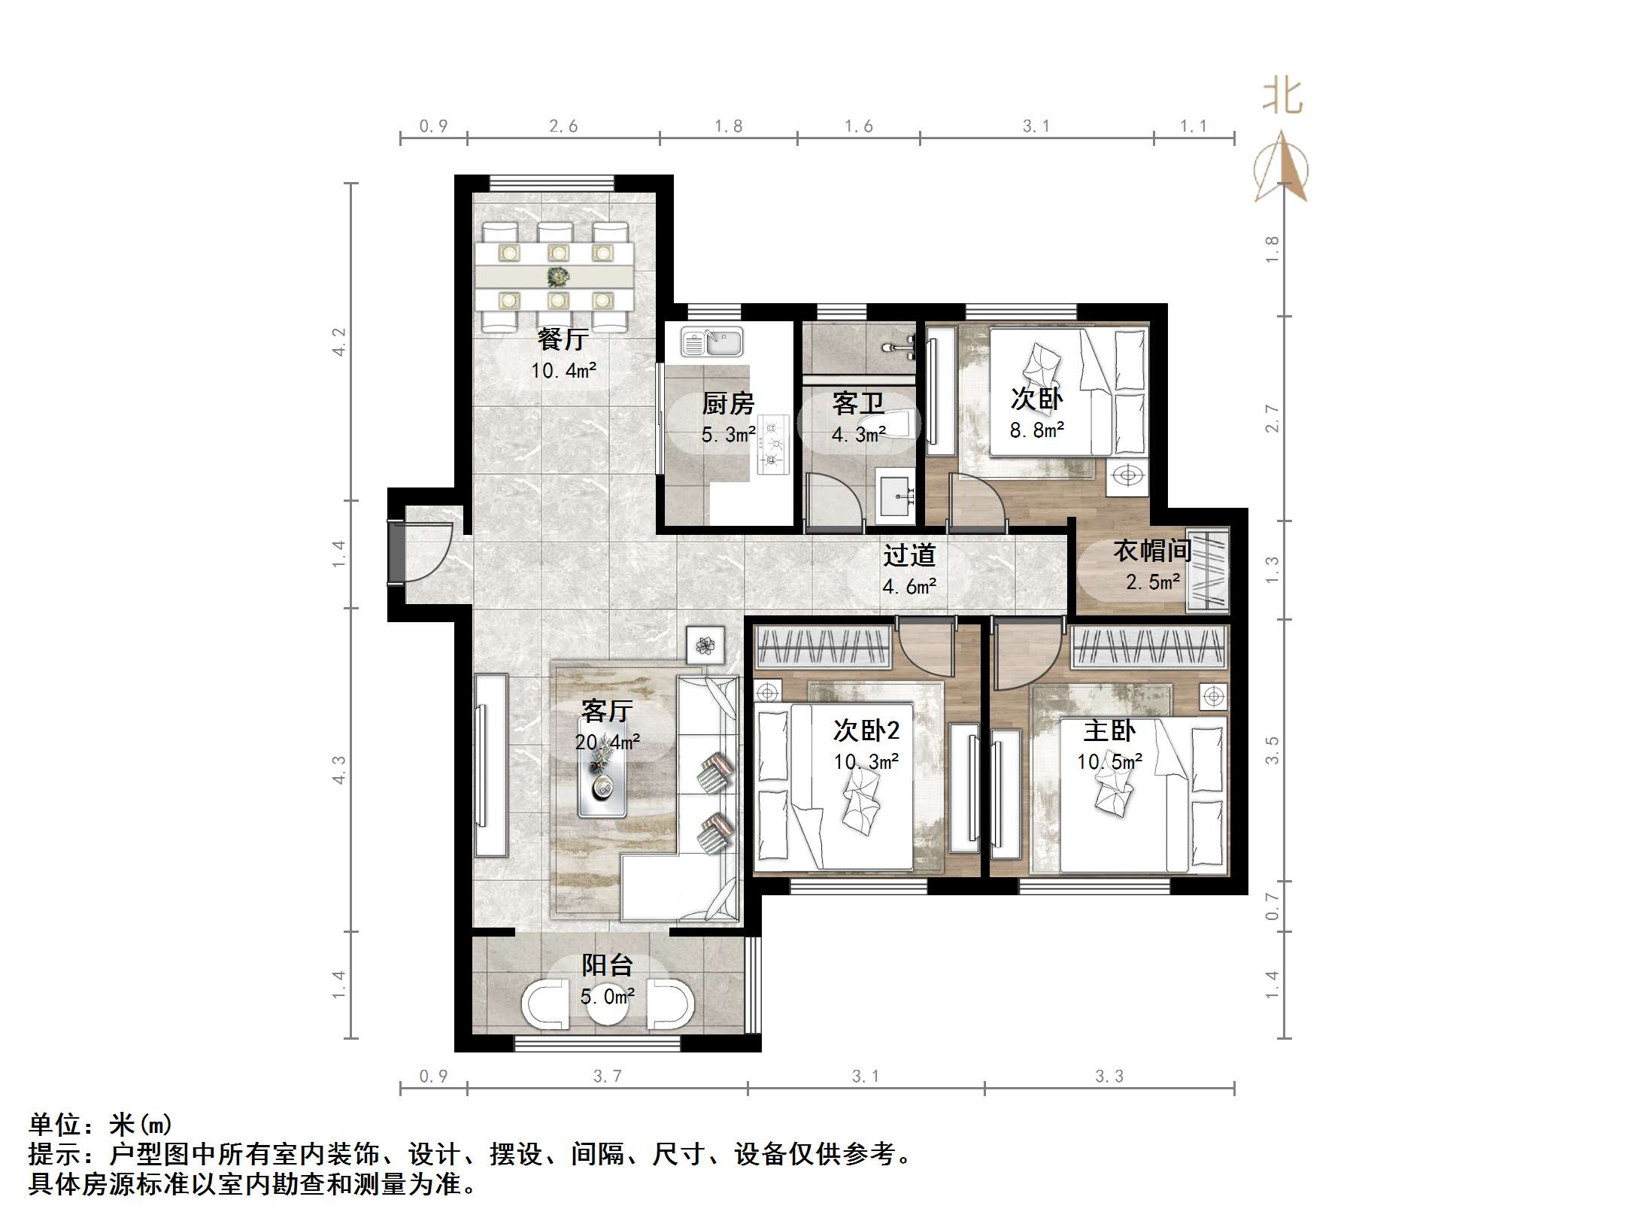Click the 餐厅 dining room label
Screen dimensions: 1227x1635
[x=562, y=339]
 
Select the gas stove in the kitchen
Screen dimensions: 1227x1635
[x=772, y=445]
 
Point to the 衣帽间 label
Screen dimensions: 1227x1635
[x=1152, y=551]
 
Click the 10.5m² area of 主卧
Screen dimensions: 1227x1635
[x=1109, y=762]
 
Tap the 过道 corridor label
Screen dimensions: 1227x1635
[x=909, y=555]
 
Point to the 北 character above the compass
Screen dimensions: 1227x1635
[x=1282, y=97]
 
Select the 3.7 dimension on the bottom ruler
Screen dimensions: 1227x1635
[x=607, y=1077]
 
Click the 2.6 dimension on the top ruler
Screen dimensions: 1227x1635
[x=563, y=126]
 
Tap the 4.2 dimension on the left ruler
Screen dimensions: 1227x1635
[x=339, y=342]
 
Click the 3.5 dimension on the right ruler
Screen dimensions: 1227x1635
[x=1272, y=750]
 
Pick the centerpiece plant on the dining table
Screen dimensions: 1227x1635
[x=557, y=276]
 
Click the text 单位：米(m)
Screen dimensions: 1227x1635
[x=101, y=1125]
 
